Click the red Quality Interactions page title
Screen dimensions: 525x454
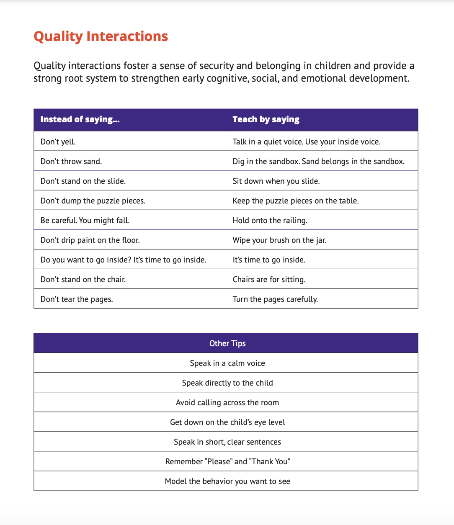pyautogui.click(x=101, y=36)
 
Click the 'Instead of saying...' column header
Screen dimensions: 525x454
pyautogui.click(x=80, y=119)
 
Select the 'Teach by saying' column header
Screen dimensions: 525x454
pyautogui.click(x=266, y=119)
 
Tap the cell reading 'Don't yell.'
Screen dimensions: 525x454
pyautogui.click(x=58, y=142)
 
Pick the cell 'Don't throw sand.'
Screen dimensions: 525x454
pyautogui.click(x=71, y=161)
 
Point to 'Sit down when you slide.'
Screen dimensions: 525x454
pyautogui.click(x=276, y=181)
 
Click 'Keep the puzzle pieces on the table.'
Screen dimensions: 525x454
pyautogui.click(x=295, y=201)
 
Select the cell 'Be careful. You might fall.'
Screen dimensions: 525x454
pyautogui.click(x=85, y=220)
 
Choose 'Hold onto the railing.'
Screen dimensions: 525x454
pyautogui.click(x=270, y=220)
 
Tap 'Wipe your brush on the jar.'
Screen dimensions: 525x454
pyautogui.click(x=279, y=240)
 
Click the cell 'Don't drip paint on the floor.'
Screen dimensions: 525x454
pyautogui.click(x=90, y=240)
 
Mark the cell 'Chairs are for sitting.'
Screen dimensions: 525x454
pyautogui.click(x=269, y=279)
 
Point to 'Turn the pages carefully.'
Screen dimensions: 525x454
pyautogui.click(x=275, y=299)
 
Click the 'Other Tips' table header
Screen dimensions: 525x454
pyautogui.click(x=227, y=343)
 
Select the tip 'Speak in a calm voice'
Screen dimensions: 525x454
pyautogui.click(x=227, y=363)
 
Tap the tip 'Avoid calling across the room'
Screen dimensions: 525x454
pyautogui.click(x=227, y=402)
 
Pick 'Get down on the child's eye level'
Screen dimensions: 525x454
pyautogui.click(x=227, y=422)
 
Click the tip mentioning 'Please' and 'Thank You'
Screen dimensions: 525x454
pyautogui.click(x=227, y=461)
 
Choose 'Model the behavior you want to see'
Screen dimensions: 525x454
pyautogui.click(x=227, y=481)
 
